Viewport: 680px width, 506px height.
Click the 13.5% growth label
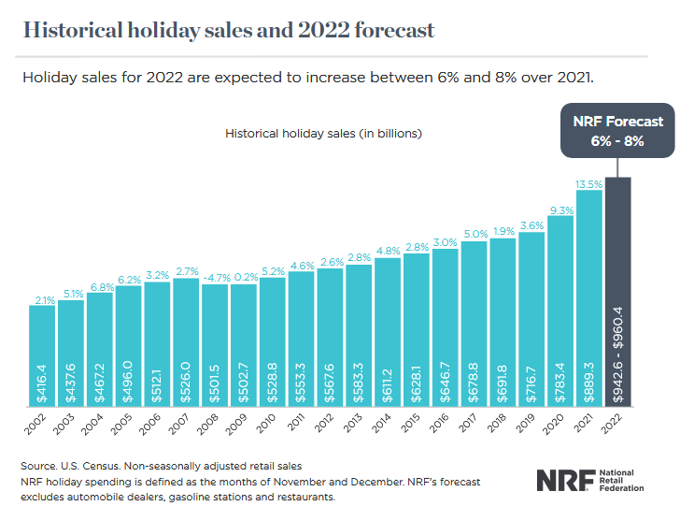[x=589, y=184]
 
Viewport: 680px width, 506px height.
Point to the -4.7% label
[x=215, y=277]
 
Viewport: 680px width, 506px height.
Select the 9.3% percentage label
[x=560, y=210]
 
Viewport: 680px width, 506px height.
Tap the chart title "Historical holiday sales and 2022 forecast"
[x=229, y=30]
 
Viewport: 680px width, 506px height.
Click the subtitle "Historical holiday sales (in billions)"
[x=323, y=134]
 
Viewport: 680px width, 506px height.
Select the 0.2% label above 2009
[x=244, y=277]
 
